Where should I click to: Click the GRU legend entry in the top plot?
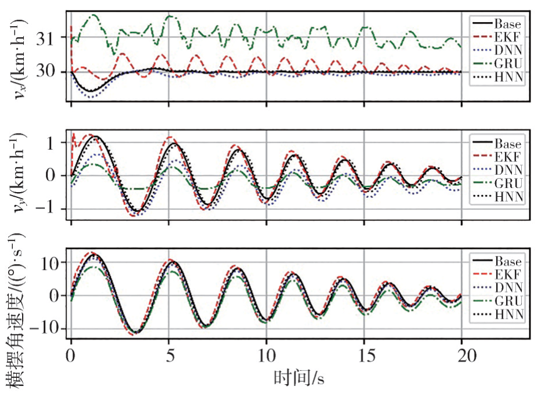click(497, 62)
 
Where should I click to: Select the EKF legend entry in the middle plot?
click(497, 156)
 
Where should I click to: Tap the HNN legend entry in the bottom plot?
click(497, 314)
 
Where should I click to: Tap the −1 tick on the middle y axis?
click(49, 210)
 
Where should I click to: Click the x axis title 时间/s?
click(298, 378)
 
